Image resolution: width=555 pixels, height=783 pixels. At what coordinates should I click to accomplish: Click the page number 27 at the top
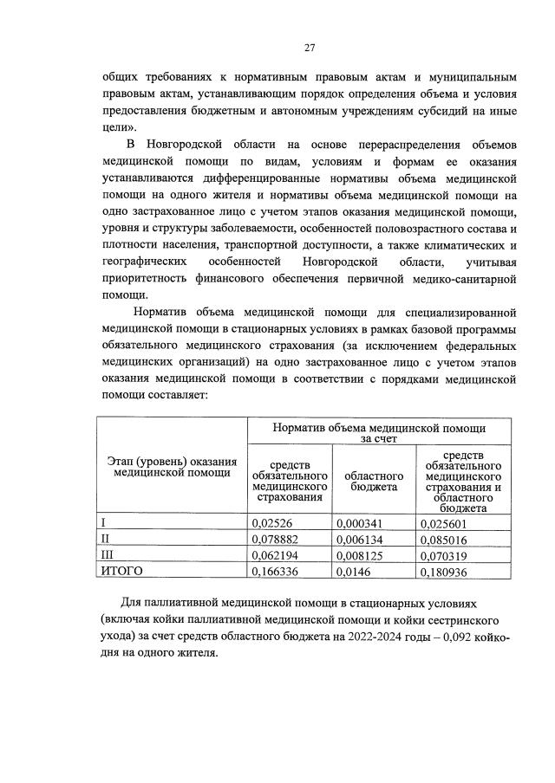coord(310,48)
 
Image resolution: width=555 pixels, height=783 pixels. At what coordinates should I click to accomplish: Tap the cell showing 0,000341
coord(362,523)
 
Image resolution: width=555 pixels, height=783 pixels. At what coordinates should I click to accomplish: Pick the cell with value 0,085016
coord(446,539)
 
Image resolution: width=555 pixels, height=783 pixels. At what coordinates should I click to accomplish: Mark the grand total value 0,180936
coord(446,571)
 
